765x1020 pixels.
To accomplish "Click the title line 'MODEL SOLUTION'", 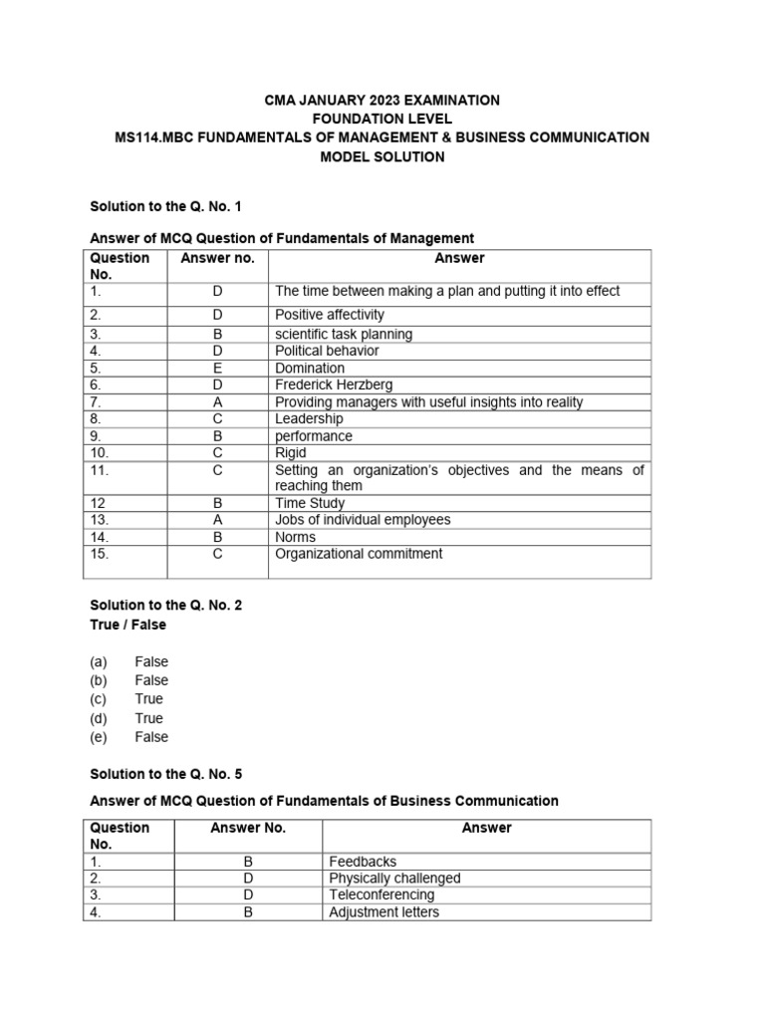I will pos(382,157).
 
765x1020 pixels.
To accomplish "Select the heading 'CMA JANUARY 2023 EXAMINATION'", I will pos(382,101).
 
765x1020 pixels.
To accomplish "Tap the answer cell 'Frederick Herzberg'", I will pos(334,384).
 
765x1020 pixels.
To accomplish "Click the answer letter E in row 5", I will pos(217,368).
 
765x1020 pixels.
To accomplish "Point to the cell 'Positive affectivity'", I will pos(329,315).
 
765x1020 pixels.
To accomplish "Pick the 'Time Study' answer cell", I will pos(310,503).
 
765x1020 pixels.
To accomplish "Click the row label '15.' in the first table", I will pos(100,554).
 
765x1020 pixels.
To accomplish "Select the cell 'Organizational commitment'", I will pos(359,554).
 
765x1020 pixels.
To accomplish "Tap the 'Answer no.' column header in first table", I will pos(217,258).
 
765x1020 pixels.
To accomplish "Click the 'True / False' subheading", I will pos(128,625).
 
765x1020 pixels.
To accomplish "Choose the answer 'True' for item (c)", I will pos(148,699).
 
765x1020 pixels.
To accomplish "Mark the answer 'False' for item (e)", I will pos(151,737).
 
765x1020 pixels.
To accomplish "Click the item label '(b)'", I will pos(100,680).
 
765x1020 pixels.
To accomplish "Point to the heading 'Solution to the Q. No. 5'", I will pos(165,774).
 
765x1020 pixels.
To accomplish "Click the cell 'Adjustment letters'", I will pos(383,911).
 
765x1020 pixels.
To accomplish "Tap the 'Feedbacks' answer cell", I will pos(363,861).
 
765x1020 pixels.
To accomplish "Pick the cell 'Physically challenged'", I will pos(394,878).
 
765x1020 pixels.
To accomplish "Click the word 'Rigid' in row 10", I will pos(292,452).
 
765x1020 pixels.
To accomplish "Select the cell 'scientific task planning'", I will pos(344,334).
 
